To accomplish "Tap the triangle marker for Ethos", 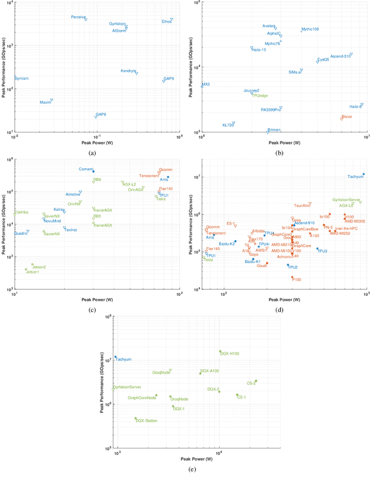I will [x=172, y=20].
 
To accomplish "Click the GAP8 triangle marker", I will [x=96, y=117].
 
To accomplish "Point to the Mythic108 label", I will [x=310, y=29].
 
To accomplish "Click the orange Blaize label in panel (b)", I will [x=347, y=116].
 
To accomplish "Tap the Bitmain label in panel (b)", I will [x=274, y=130].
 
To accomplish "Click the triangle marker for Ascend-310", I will [x=351, y=54].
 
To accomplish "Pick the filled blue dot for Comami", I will [x=93, y=171].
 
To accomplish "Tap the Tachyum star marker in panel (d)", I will [x=363, y=174].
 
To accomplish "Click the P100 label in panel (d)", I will [x=297, y=280].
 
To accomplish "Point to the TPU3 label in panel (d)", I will [x=323, y=251].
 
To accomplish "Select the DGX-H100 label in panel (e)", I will [x=230, y=353].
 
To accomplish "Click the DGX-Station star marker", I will [x=135, y=418].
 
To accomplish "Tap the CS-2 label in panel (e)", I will [x=251, y=383].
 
